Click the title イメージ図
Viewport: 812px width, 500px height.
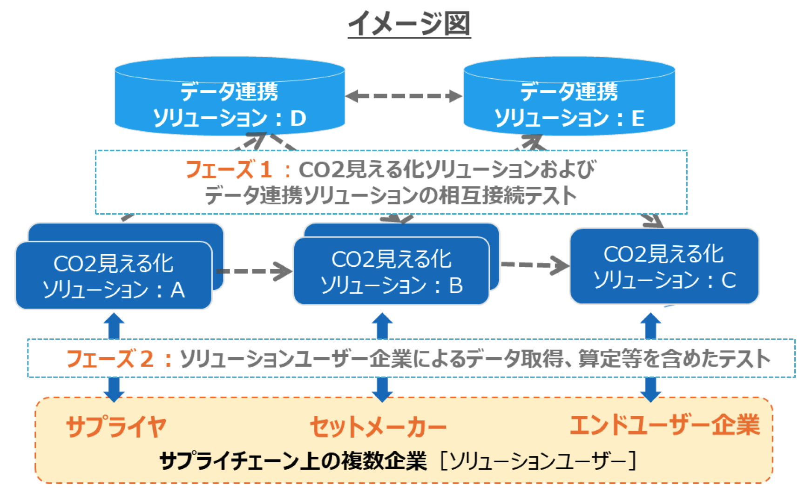(x=409, y=23)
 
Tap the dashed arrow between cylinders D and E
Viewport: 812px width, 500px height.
(x=404, y=96)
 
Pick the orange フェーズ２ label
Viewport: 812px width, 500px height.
(x=110, y=359)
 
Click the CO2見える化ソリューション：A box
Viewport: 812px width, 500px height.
(x=114, y=275)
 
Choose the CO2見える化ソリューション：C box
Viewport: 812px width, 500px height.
(x=664, y=266)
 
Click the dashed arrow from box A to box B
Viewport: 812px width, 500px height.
(x=254, y=271)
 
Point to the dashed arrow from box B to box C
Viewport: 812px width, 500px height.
(x=535, y=265)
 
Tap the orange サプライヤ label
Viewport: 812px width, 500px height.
(x=116, y=426)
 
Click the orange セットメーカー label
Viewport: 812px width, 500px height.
(x=378, y=426)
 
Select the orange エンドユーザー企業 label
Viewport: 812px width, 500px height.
(x=665, y=425)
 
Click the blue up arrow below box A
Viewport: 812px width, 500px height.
(x=114, y=326)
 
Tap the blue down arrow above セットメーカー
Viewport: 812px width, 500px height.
(x=382, y=389)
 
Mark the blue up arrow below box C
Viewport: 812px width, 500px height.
(x=650, y=326)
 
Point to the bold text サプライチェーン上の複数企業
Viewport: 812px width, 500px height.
(x=293, y=461)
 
